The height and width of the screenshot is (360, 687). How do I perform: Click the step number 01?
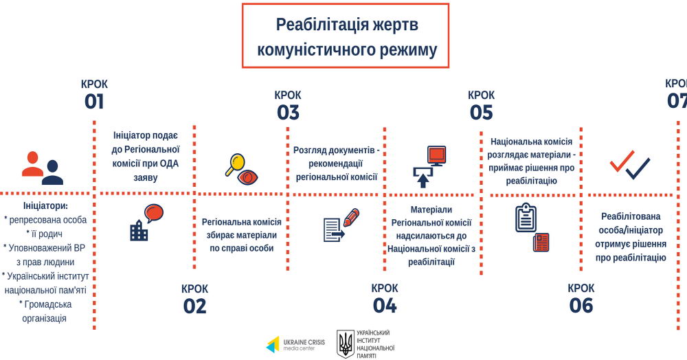pyautogui.click(x=94, y=102)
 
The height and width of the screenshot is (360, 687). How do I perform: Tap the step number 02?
pyautogui.click(x=194, y=306)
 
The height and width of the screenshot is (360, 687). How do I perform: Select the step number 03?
pyautogui.click(x=288, y=113)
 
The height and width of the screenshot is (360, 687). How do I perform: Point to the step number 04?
pyautogui.click(x=385, y=306)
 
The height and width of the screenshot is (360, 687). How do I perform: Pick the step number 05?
pyautogui.click(x=481, y=113)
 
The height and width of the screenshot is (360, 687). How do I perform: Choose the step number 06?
pyautogui.click(x=581, y=306)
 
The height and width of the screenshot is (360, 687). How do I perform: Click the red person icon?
pyautogui.click(x=32, y=164)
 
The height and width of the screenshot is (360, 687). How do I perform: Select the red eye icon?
pyautogui.click(x=247, y=177)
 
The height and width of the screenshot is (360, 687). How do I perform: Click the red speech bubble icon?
pyautogui.click(x=154, y=213)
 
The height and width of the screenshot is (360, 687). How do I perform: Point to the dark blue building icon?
pyautogui.click(x=139, y=230)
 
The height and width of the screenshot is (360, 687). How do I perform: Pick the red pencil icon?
pyautogui.click(x=351, y=218)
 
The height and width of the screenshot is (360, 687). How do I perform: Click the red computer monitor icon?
pyautogui.click(x=436, y=156)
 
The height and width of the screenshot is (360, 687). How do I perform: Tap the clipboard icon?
pyautogui.click(x=526, y=218)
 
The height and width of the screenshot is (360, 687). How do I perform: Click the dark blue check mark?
pyautogui.click(x=638, y=168)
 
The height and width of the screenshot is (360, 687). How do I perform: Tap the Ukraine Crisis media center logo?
pyautogui.click(x=295, y=345)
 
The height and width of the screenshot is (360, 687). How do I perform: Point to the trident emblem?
pyautogui.click(x=346, y=344)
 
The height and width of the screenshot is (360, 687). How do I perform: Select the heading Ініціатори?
pyautogui.click(x=45, y=206)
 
